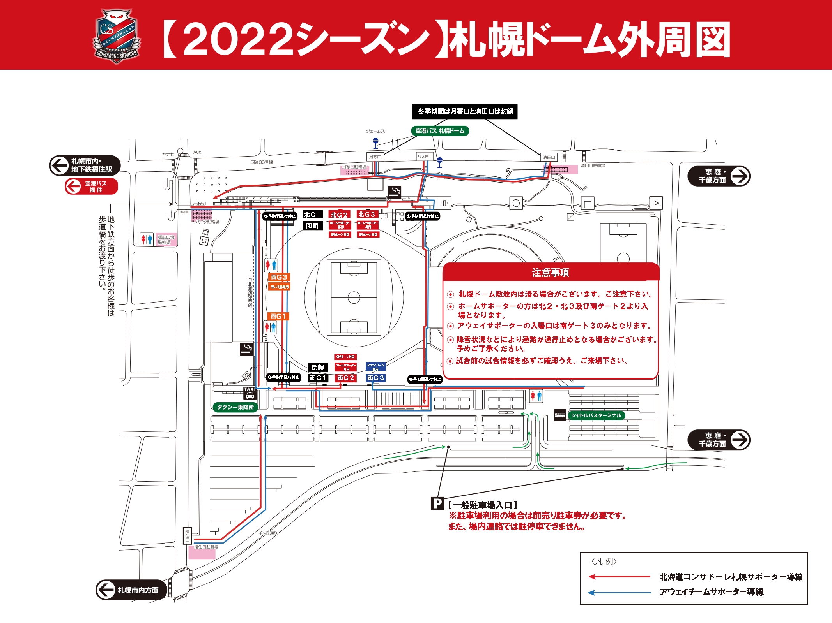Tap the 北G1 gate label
[313, 215]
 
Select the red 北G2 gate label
[339, 215]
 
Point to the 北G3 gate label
[367, 215]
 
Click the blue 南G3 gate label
[375, 378]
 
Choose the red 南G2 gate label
[345, 378]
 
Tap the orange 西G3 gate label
[279, 277]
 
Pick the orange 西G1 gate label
[278, 316]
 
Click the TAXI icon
[250, 393]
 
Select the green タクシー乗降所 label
[235, 407]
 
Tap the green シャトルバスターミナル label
[596, 415]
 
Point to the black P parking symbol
[437, 504]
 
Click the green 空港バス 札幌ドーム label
[440, 131]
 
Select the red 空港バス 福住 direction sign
[91, 187]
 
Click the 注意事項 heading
[551, 273]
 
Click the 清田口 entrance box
[549, 157]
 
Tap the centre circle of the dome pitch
[354, 297]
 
